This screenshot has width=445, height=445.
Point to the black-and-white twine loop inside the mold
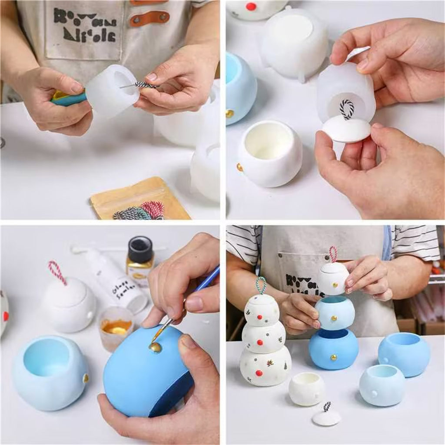click(346, 109)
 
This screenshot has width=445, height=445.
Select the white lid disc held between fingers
click(346, 130)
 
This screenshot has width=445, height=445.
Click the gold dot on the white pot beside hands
click(239, 167)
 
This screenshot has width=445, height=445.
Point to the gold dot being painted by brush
click(155, 347)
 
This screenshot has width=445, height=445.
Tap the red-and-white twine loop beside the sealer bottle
click(57, 272)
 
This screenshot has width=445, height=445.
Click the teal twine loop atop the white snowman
click(261, 285)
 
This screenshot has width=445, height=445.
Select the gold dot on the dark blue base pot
click(334, 357)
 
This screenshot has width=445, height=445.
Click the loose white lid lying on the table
click(326, 418)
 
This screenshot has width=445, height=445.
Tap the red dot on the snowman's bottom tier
click(259, 373)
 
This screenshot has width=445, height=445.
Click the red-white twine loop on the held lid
click(333, 253)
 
